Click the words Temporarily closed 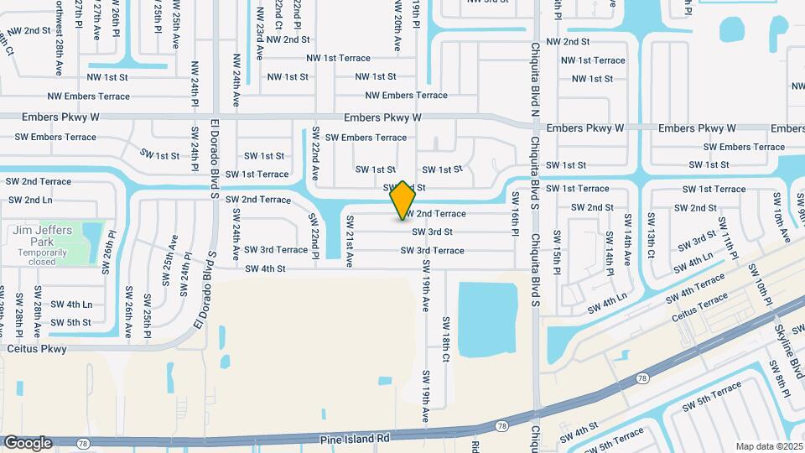37,256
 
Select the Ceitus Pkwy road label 36,348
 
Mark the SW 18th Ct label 446,339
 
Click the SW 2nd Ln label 30,200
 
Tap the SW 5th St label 70,322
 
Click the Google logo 27,442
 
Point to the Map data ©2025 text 768,446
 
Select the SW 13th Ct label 650,236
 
